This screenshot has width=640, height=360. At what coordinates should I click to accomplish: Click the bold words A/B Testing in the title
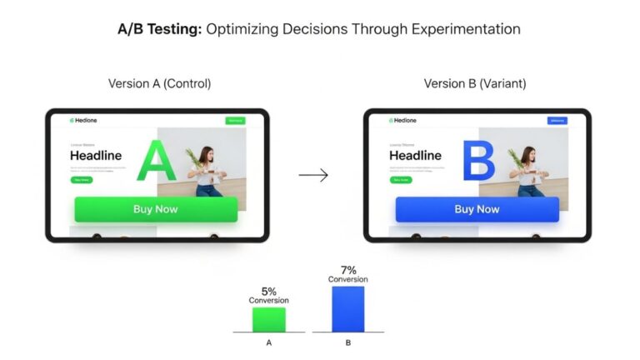tap(159, 29)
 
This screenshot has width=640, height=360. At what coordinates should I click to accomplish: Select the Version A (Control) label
tap(159, 84)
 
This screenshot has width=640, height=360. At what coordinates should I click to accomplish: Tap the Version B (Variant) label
tap(474, 84)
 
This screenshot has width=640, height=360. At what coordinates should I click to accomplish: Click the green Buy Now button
tap(156, 209)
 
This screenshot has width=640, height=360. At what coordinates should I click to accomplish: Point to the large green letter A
tap(156, 162)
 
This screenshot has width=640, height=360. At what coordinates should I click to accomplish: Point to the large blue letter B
tap(478, 162)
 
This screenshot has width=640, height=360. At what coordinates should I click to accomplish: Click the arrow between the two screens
tap(313, 175)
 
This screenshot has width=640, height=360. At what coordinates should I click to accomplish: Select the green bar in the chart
tap(268, 320)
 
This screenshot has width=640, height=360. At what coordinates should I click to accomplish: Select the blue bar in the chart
tap(347, 309)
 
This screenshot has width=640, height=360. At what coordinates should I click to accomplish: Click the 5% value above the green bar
tap(268, 291)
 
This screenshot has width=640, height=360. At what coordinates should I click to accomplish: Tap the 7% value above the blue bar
tap(347, 270)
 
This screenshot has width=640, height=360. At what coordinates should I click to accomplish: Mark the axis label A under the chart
tap(268, 342)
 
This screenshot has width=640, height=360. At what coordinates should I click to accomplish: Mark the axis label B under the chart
tap(347, 342)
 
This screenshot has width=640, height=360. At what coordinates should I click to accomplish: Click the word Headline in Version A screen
tap(96, 155)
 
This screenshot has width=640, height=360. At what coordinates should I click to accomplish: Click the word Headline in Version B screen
tap(415, 156)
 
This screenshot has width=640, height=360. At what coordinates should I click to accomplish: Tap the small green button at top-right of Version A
tap(235, 121)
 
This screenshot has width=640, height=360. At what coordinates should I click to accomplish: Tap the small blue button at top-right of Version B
tap(557, 121)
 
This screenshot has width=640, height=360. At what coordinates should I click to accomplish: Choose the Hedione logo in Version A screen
tap(83, 121)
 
